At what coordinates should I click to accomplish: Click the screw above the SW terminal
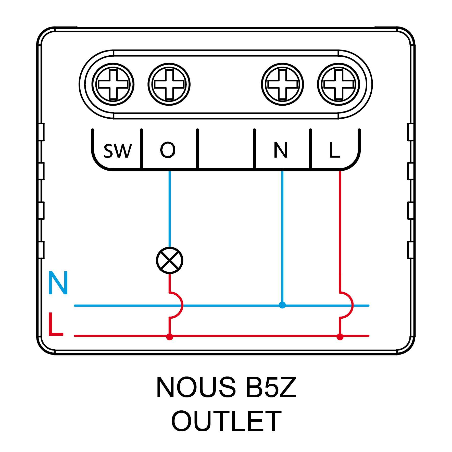coord(113,84)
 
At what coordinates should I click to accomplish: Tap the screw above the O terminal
coord(169,84)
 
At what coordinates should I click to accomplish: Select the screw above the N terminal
coord(282,84)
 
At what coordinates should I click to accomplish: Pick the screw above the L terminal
coord(338,84)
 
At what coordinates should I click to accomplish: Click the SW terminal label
coord(118,150)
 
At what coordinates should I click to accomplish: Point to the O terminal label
coord(168,150)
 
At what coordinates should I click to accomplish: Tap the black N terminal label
coord(281,150)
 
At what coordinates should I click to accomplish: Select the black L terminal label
coord(334,150)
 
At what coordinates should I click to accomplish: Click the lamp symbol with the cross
coord(170,260)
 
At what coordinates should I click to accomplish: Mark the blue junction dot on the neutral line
coord(282,305)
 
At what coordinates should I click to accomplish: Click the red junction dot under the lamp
coord(170,337)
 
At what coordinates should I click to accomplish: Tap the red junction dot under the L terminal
coord(340,337)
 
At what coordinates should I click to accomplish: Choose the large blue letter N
coord(58,283)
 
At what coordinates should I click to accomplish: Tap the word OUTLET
coord(226,421)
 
